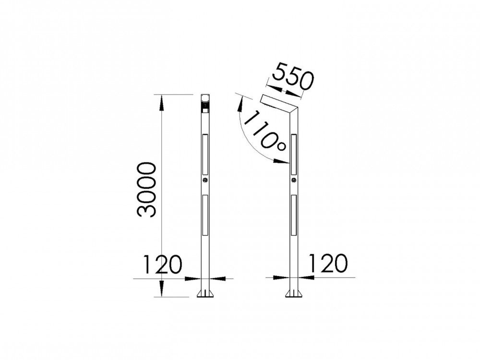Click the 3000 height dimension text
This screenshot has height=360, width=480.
click(146, 190)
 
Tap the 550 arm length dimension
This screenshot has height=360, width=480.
click(293, 76)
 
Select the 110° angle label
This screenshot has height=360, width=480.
click(265, 132)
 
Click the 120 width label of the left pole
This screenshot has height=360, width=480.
click(163, 264)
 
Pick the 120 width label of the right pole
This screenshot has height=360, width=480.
click(329, 263)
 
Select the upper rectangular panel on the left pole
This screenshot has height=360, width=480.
click(205, 154)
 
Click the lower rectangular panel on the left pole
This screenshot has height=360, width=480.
click(205, 215)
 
